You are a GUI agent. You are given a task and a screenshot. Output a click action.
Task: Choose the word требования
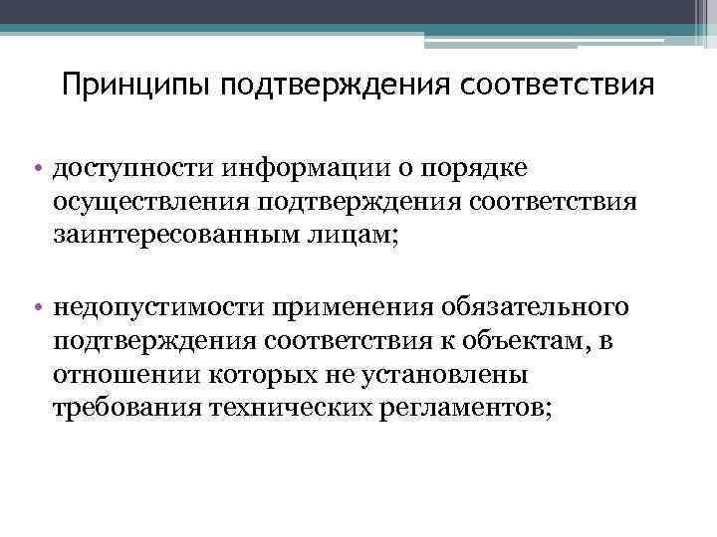132,411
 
